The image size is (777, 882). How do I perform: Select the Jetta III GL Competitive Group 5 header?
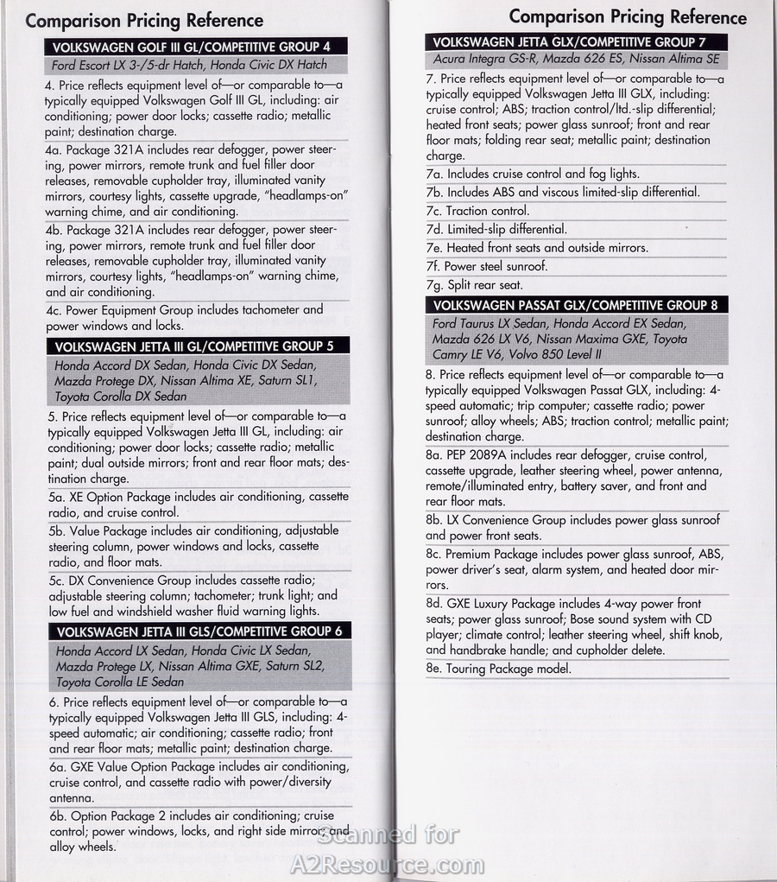click(194, 346)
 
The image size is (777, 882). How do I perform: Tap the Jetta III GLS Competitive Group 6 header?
click(199, 631)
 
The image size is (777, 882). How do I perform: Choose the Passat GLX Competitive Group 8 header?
click(575, 305)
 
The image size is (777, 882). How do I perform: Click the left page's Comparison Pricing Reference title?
click(144, 21)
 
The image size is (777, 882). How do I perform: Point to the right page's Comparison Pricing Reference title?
click(628, 16)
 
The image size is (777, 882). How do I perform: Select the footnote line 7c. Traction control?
click(477, 211)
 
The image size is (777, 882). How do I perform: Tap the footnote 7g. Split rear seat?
click(474, 285)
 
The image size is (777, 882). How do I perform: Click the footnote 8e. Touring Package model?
click(498, 669)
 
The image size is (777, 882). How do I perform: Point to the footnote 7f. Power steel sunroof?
click(486, 266)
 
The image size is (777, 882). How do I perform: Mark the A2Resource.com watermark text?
click(387, 864)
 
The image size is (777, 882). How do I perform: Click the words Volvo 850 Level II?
click(552, 355)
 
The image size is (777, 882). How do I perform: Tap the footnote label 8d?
click(434, 604)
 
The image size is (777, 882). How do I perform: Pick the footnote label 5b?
click(58, 531)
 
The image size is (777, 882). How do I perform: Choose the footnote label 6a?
click(58, 767)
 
